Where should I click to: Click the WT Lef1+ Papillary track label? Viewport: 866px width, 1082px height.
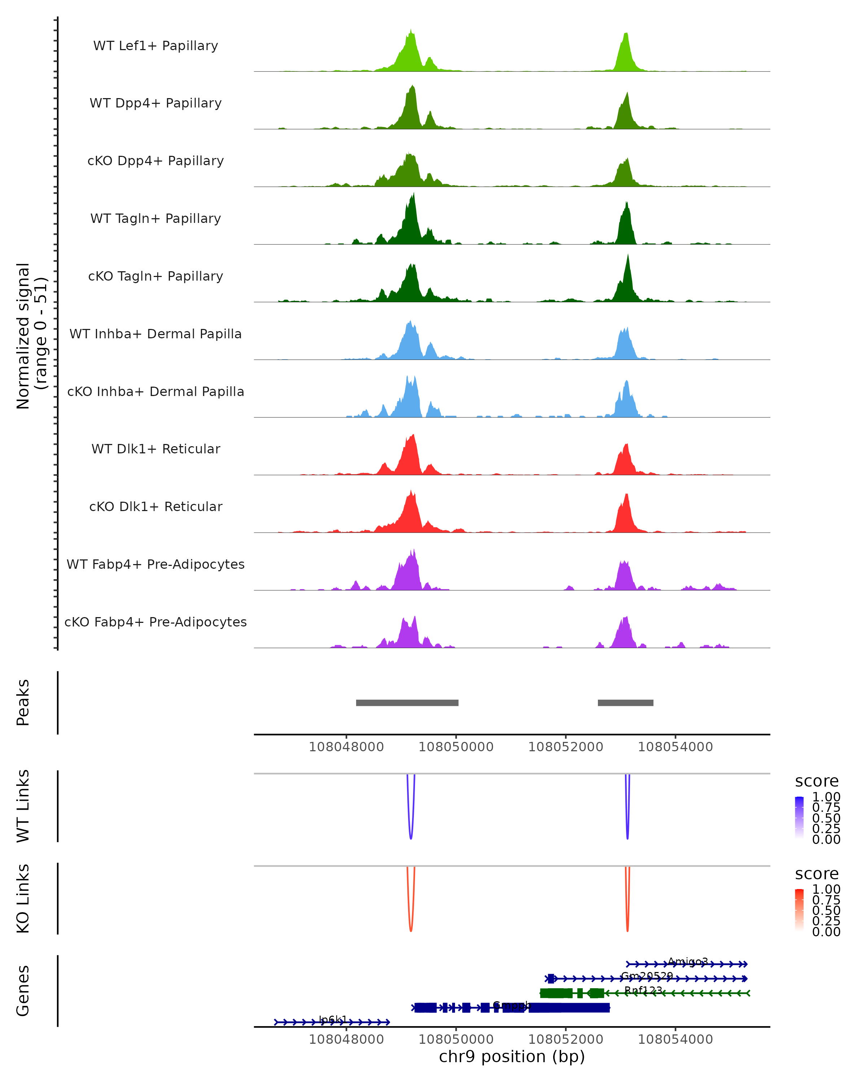click(x=156, y=46)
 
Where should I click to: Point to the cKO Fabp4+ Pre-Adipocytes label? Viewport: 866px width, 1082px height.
click(x=156, y=622)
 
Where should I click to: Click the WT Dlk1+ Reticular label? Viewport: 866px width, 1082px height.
click(x=156, y=449)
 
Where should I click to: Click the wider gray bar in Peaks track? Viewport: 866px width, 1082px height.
click(x=407, y=703)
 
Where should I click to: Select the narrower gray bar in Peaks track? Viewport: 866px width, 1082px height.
click(x=626, y=703)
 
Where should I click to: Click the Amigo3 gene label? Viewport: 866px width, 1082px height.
click(x=688, y=962)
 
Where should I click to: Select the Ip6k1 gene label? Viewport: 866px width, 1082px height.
click(x=333, y=1019)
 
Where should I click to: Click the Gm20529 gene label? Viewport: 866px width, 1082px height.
click(x=647, y=976)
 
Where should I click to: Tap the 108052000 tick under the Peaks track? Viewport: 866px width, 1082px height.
click(x=566, y=747)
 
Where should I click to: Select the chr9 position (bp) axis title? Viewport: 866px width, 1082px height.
click(x=512, y=1056)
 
